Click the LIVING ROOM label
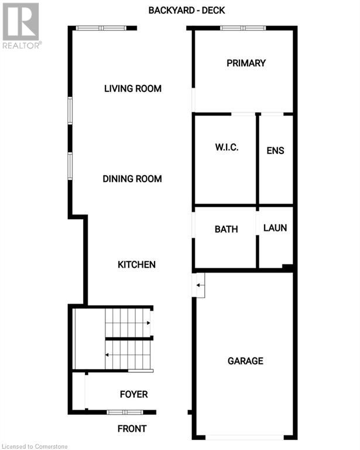tap(132, 89)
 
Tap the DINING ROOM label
tap(132, 179)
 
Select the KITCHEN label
tap(136, 264)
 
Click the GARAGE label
tap(245, 361)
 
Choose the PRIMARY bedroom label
tap(246, 63)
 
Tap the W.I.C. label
tap(226, 148)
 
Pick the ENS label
tap(275, 151)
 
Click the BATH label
tap(226, 229)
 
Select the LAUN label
tap(275, 227)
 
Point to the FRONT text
tap(132, 428)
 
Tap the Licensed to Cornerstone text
tap(35, 446)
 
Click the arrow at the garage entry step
tap(199, 285)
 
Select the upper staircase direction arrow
tap(148, 322)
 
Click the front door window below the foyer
tap(125, 412)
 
